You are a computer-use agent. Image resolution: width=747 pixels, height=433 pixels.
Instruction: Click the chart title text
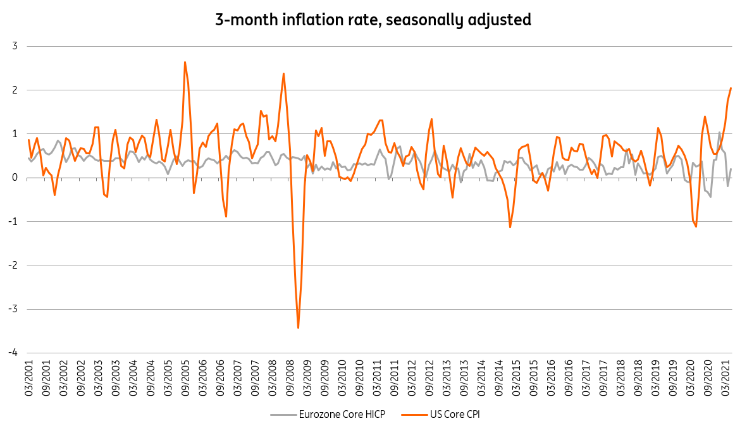coord(373,20)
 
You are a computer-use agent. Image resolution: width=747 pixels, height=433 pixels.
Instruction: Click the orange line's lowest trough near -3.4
coord(298,327)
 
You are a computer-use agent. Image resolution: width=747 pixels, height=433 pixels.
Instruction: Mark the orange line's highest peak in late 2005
coord(185,62)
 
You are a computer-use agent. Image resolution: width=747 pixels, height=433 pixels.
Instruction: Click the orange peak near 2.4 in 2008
coord(283,73)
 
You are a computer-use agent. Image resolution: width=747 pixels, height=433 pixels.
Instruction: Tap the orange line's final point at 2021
coord(731,88)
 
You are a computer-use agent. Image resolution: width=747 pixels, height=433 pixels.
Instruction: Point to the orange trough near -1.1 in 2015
coord(510,227)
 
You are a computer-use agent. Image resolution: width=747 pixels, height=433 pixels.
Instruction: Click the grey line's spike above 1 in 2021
coord(719,133)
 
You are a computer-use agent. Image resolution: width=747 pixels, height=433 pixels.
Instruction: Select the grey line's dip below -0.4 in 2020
coord(710,197)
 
